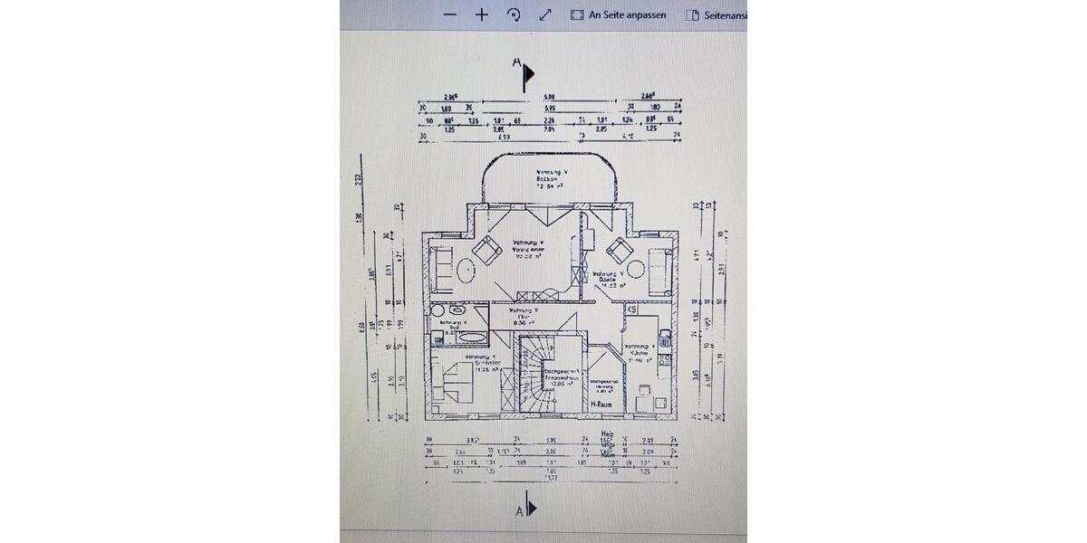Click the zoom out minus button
450,14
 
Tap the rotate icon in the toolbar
514,14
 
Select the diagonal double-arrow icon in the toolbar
545,14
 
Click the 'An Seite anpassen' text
627,14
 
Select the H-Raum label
601,404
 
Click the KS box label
632,310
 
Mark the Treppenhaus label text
559,377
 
